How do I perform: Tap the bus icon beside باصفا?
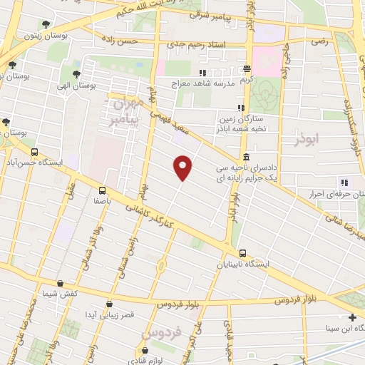102,190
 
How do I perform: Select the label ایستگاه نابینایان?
244,264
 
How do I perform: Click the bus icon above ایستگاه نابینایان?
244,252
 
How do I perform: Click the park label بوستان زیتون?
42,35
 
